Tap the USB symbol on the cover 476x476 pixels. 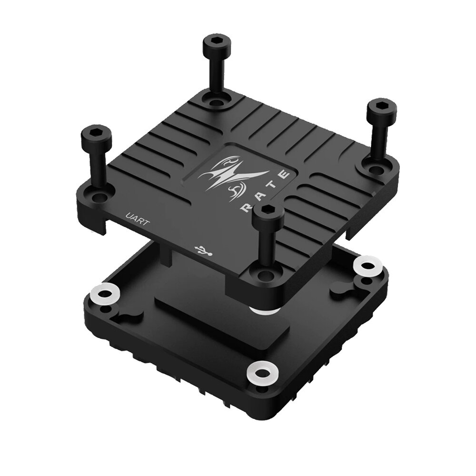[x=203, y=250]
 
